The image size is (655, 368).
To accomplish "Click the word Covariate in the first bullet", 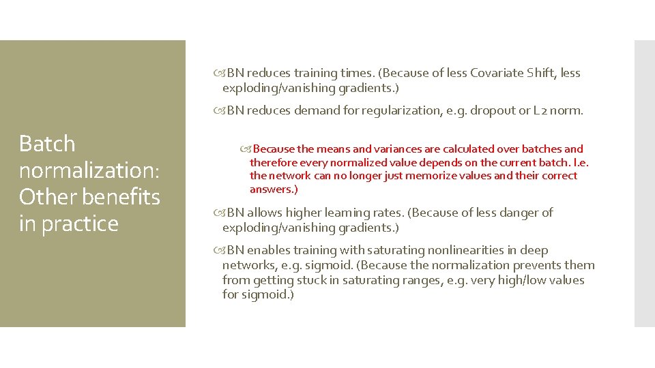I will [497, 73].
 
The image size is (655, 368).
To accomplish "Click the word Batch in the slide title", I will [47, 144].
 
